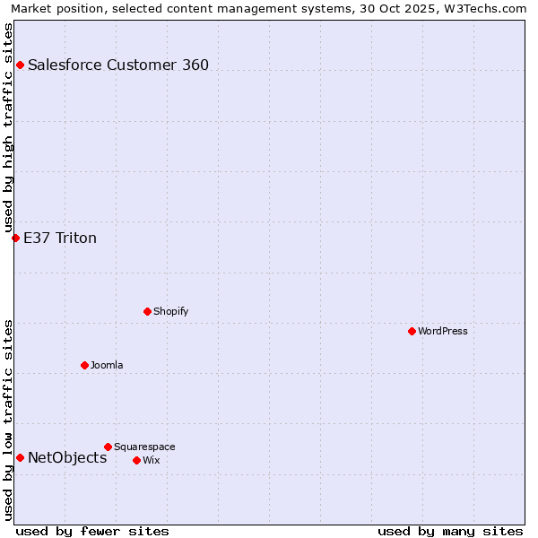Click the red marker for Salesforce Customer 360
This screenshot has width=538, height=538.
20,65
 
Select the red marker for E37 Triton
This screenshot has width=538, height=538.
15,238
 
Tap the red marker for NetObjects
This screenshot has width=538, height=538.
20,457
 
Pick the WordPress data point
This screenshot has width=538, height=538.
412,331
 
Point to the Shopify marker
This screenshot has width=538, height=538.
147,311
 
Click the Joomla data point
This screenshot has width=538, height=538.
84,365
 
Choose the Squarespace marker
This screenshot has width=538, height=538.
108,447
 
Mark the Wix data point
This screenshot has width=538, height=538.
136,460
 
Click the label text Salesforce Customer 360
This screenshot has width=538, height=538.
118,65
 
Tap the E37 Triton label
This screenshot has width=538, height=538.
60,238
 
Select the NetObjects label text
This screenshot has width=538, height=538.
67,457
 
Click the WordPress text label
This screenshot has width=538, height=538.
443,331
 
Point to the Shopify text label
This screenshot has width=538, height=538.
170,311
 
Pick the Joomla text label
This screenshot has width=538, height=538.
107,365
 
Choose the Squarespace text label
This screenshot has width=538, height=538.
144,447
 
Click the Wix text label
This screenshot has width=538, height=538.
152,460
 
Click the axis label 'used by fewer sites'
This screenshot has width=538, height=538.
92,531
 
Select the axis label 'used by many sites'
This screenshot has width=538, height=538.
450,531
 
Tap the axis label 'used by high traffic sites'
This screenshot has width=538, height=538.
9,126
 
